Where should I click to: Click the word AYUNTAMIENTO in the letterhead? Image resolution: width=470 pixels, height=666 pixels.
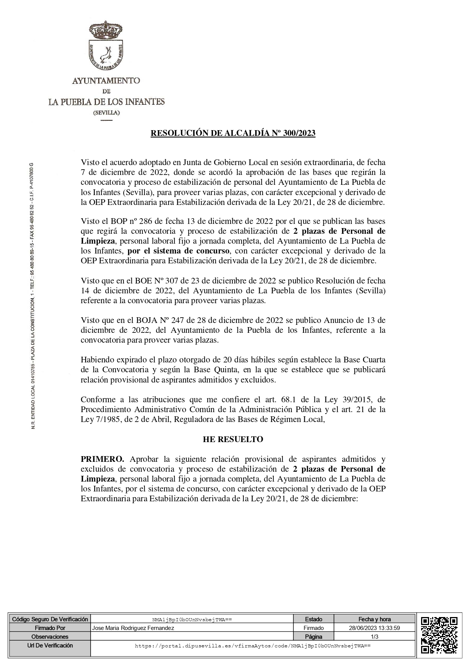pos(106,80)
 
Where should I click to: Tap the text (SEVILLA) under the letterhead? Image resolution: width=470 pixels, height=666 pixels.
pos(107,113)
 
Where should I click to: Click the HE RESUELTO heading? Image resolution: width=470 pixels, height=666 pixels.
pos(233,439)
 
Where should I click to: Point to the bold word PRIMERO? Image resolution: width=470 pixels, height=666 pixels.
pos(100,459)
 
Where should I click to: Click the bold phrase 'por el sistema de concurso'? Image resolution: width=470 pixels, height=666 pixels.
pos(179,251)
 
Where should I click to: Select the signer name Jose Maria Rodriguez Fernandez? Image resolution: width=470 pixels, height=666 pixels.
pos(133,628)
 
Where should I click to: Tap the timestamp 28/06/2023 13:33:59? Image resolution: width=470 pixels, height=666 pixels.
pos(374,628)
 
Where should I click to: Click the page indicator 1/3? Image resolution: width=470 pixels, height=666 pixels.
pos(374,637)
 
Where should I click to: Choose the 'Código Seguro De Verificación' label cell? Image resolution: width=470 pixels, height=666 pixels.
pos(50,619)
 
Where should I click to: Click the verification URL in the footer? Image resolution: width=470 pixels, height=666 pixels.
pos(252,646)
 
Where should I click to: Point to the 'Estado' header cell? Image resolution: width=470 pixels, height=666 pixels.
pos(313,619)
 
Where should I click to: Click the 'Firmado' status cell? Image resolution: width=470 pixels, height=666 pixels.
pos(313,628)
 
